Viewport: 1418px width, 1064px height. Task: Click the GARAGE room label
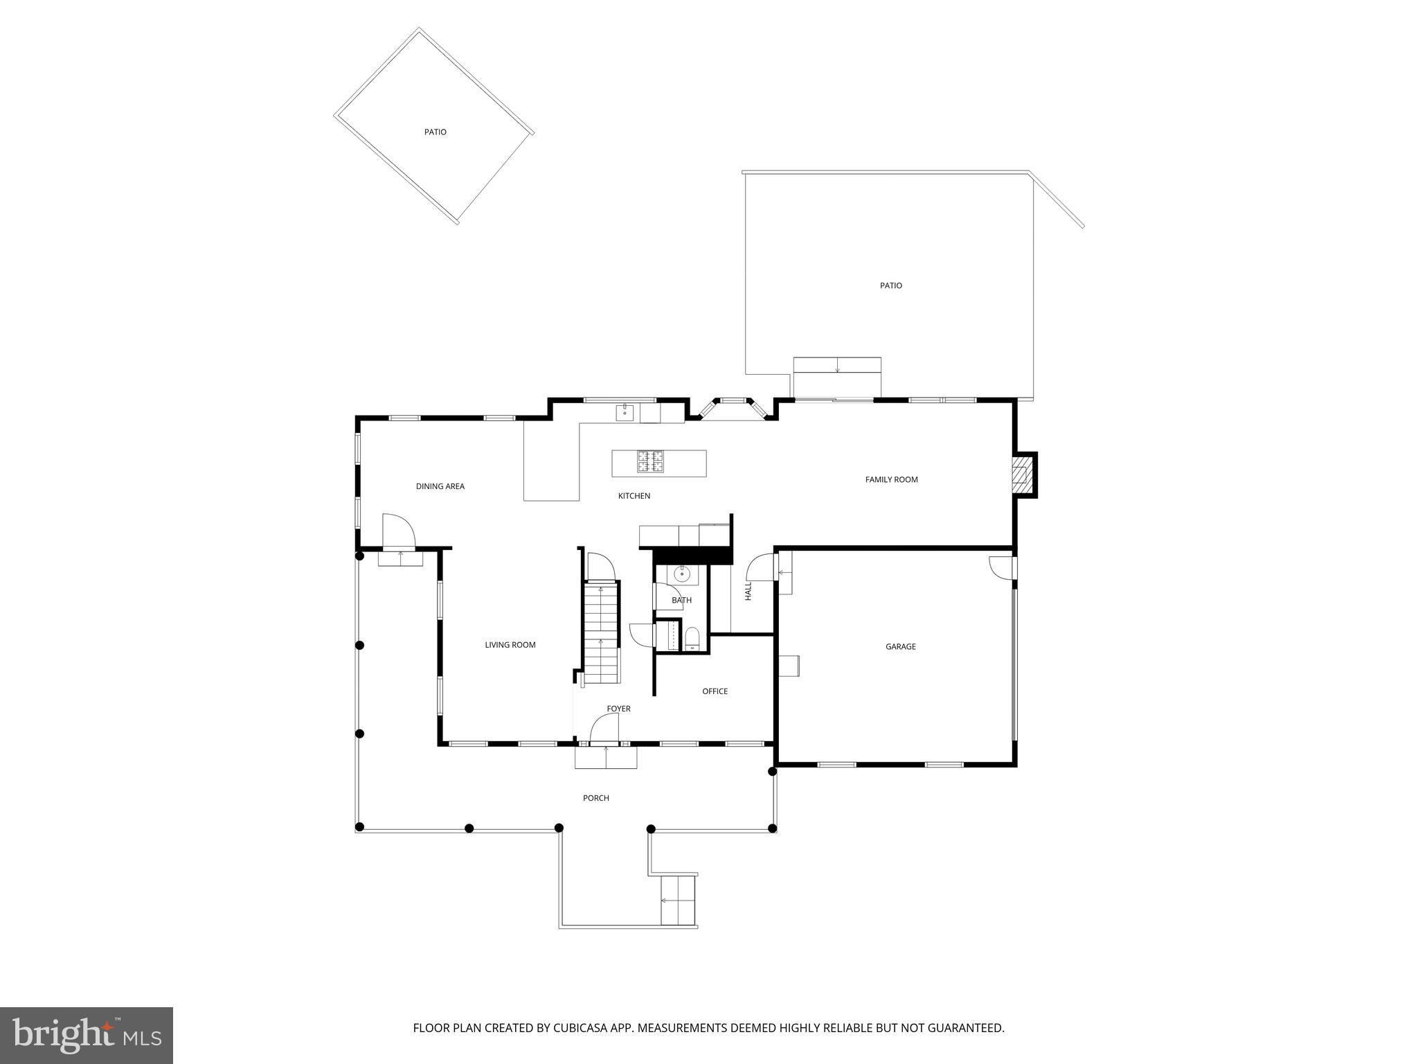tap(900, 646)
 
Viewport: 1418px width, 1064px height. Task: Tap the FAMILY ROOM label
tap(891, 479)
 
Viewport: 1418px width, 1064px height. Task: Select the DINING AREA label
tap(440, 486)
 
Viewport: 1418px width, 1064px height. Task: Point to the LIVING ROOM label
tap(510, 645)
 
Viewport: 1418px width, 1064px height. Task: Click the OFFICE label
tap(715, 691)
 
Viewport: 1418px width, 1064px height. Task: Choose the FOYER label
tap(618, 709)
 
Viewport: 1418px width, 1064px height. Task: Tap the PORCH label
tap(595, 798)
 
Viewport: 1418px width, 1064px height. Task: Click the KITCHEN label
tap(634, 496)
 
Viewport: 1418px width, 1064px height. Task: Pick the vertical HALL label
tap(748, 591)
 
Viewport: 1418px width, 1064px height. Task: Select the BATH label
tap(681, 601)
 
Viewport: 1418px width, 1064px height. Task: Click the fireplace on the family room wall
tap(1021, 475)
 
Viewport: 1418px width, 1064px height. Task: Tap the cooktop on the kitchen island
tap(650, 462)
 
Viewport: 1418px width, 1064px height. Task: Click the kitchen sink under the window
tap(625, 413)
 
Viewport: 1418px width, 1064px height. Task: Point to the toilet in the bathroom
tap(692, 639)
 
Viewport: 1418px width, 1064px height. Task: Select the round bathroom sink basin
tap(681, 574)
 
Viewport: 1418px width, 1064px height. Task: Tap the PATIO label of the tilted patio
tap(435, 132)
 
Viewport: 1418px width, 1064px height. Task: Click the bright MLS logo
tap(87, 1035)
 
